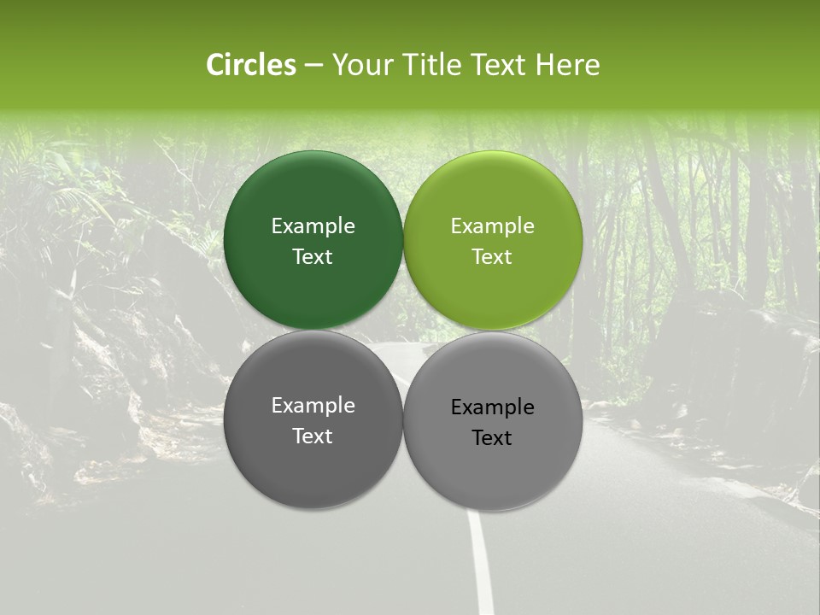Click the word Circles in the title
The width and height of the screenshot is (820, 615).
coord(251,65)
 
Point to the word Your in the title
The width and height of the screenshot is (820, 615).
coord(360,65)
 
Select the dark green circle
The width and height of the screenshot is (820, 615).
coord(313,241)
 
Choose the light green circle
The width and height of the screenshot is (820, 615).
coord(493,241)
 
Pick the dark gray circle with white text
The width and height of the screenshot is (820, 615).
coord(313,419)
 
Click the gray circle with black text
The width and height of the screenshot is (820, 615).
coord(493,421)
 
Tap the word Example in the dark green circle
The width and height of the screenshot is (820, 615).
coord(313,225)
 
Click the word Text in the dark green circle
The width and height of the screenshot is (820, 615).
coord(313,256)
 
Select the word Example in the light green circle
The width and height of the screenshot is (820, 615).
coord(492,225)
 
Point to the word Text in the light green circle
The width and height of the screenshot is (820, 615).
coord(492,256)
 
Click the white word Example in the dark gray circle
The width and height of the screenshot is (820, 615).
coord(313,405)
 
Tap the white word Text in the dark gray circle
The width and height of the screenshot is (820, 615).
coord(313,436)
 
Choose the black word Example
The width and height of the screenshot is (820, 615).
coord(492,407)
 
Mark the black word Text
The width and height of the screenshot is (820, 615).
coord(492,437)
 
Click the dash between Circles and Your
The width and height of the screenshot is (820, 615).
coord(313,65)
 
